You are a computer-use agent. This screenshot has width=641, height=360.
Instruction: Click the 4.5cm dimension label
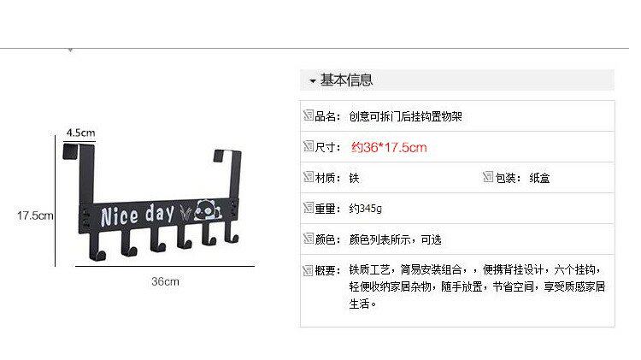point(79,133)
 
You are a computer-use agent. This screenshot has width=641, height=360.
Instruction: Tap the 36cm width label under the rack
point(165,280)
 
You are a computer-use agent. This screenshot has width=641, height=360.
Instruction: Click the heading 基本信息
point(346,81)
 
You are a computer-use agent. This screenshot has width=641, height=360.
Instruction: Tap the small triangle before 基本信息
point(313,82)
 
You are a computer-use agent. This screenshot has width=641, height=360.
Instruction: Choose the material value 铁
point(354,179)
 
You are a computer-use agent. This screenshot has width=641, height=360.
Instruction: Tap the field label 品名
point(326,116)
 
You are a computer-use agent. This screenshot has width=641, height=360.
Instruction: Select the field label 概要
point(326,270)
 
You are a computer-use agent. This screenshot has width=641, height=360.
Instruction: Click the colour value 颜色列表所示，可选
point(395,239)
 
